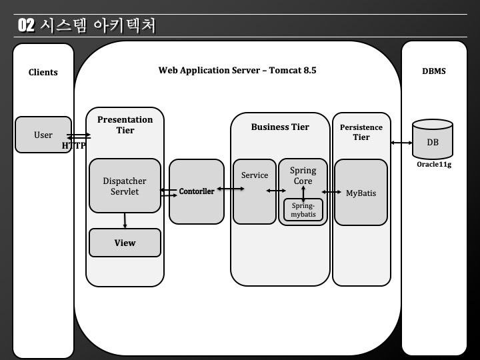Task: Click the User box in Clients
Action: [43, 135]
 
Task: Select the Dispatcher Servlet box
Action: [125, 186]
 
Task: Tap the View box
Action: [125, 243]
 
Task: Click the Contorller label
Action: [197, 191]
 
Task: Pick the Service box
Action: [254, 191]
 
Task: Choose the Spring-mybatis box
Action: [303, 210]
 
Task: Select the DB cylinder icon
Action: [432, 139]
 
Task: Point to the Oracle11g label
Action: [434, 164]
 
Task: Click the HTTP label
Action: [74, 145]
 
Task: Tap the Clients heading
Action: [43, 72]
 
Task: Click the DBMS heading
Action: [434, 71]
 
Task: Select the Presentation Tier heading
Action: [125, 125]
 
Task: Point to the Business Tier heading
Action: [280, 127]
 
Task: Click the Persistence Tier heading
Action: [361, 132]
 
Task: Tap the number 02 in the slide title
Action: [26, 25]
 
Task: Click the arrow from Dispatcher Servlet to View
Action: [125, 221]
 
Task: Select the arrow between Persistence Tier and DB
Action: [400, 143]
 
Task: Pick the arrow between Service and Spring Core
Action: [277, 191]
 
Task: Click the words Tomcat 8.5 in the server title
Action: [293, 70]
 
